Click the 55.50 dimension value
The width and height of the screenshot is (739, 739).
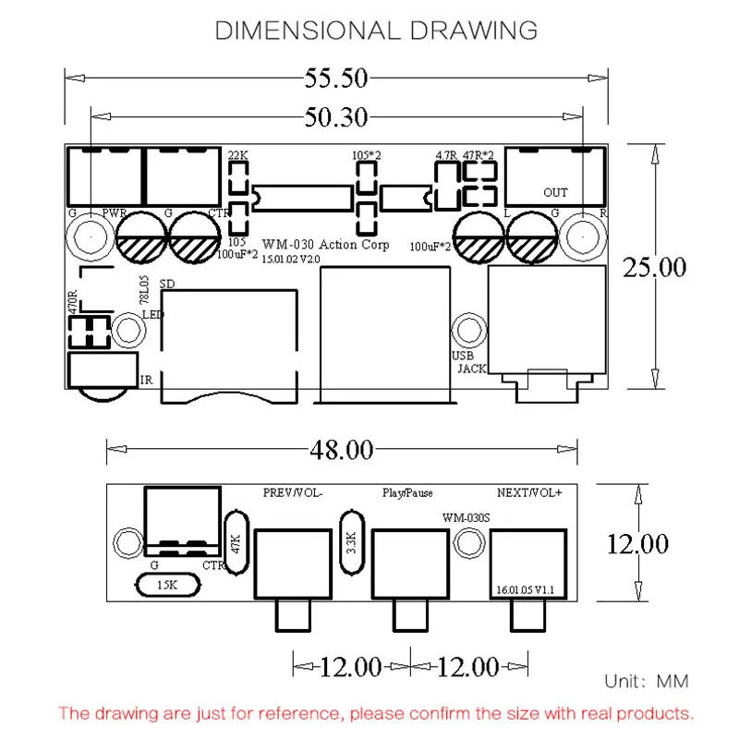click(x=335, y=79)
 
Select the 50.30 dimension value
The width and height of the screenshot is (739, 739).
click(x=335, y=117)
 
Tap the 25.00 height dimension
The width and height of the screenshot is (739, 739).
click(x=654, y=268)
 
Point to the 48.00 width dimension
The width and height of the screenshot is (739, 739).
click(x=342, y=450)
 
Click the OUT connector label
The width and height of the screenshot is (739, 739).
click(x=555, y=193)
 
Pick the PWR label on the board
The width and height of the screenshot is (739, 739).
click(x=115, y=213)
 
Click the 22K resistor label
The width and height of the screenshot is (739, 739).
click(x=238, y=155)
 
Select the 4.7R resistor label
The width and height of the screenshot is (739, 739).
click(x=446, y=155)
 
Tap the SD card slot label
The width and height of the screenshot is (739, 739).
click(x=167, y=284)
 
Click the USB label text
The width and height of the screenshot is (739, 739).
click(x=463, y=356)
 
